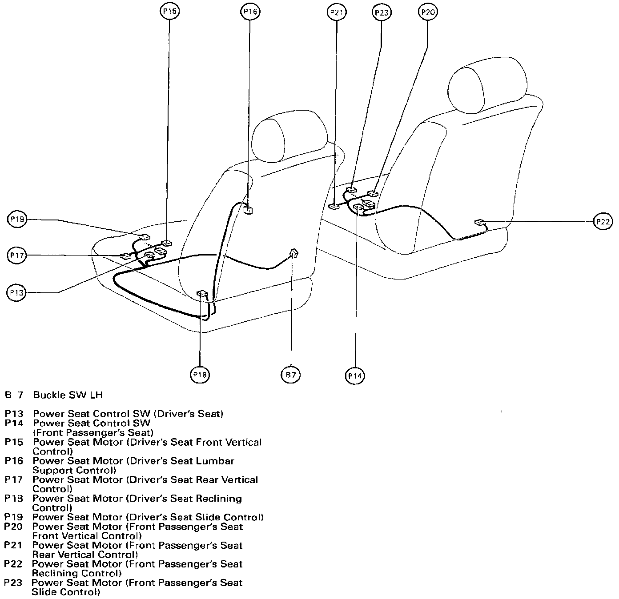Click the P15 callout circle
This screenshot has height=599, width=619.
click(x=169, y=12)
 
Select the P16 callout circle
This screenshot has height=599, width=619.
click(x=250, y=12)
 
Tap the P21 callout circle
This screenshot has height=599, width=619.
click(x=337, y=12)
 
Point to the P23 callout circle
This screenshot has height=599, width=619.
click(x=381, y=12)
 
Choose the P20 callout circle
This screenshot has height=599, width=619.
click(x=427, y=12)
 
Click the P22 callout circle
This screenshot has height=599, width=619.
click(x=603, y=221)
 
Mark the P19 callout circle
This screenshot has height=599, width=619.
click(x=17, y=219)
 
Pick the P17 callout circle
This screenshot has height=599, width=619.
click(x=17, y=255)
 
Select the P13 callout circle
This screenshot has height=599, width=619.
click(x=17, y=292)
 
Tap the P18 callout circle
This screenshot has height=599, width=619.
click(x=200, y=375)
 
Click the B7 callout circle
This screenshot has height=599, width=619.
click(x=290, y=375)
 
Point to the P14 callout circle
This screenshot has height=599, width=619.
click(x=355, y=376)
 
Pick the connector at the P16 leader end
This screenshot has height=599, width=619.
click(x=248, y=208)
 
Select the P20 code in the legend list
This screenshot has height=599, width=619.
click(x=13, y=527)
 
